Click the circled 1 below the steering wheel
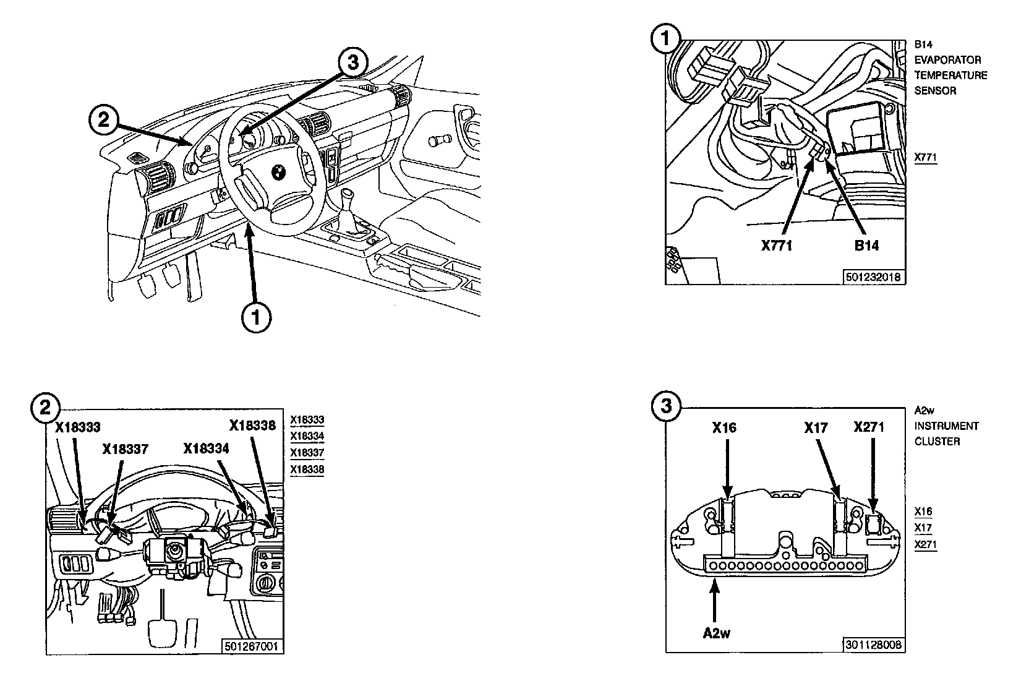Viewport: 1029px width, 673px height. point(255,317)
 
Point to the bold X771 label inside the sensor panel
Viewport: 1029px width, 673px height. point(776,246)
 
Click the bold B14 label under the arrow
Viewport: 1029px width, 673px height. point(866,246)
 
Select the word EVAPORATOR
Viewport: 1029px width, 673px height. point(948,60)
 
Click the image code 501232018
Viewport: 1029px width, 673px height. point(874,276)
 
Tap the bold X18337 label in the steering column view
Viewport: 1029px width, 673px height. point(126,448)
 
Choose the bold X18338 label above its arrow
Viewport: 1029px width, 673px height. point(252,425)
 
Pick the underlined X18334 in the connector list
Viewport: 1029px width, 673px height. point(307,436)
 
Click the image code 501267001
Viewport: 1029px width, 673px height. point(252,646)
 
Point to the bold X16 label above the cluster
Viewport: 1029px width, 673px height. point(724,427)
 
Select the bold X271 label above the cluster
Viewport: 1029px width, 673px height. point(869,427)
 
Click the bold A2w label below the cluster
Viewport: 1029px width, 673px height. point(717,633)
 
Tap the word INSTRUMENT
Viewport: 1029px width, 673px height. point(947,426)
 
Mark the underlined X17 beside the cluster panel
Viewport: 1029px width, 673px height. point(923,528)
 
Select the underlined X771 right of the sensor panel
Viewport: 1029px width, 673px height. point(926,157)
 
